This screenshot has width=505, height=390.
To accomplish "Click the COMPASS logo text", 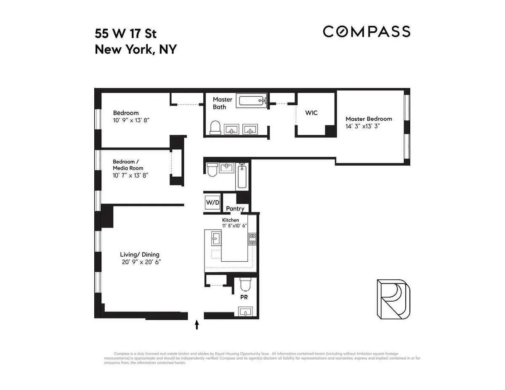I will click(366, 32).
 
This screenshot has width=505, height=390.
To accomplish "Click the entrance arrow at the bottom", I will click(197, 324).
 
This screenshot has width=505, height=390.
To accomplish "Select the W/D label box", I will click(213, 202).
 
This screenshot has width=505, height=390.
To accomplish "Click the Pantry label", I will click(235, 209).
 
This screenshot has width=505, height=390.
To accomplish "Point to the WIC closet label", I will click(311, 113).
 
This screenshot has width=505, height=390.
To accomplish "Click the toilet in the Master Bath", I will click(215, 127).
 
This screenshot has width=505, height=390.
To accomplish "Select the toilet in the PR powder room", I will click(245, 286).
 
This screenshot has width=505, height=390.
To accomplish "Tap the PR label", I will click(243, 297).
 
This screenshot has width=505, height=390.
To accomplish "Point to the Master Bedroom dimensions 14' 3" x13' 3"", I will click(362, 126).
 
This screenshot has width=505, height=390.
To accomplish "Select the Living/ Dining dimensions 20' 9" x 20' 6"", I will click(141, 262).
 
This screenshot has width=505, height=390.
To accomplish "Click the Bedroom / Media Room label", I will click(128, 165).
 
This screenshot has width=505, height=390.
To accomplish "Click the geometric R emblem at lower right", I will click(392, 299).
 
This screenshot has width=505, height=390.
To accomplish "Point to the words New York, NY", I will click(136, 50).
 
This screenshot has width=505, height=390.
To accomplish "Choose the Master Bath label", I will click(222, 103).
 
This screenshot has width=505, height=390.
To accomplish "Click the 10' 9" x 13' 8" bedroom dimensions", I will click(131, 120).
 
